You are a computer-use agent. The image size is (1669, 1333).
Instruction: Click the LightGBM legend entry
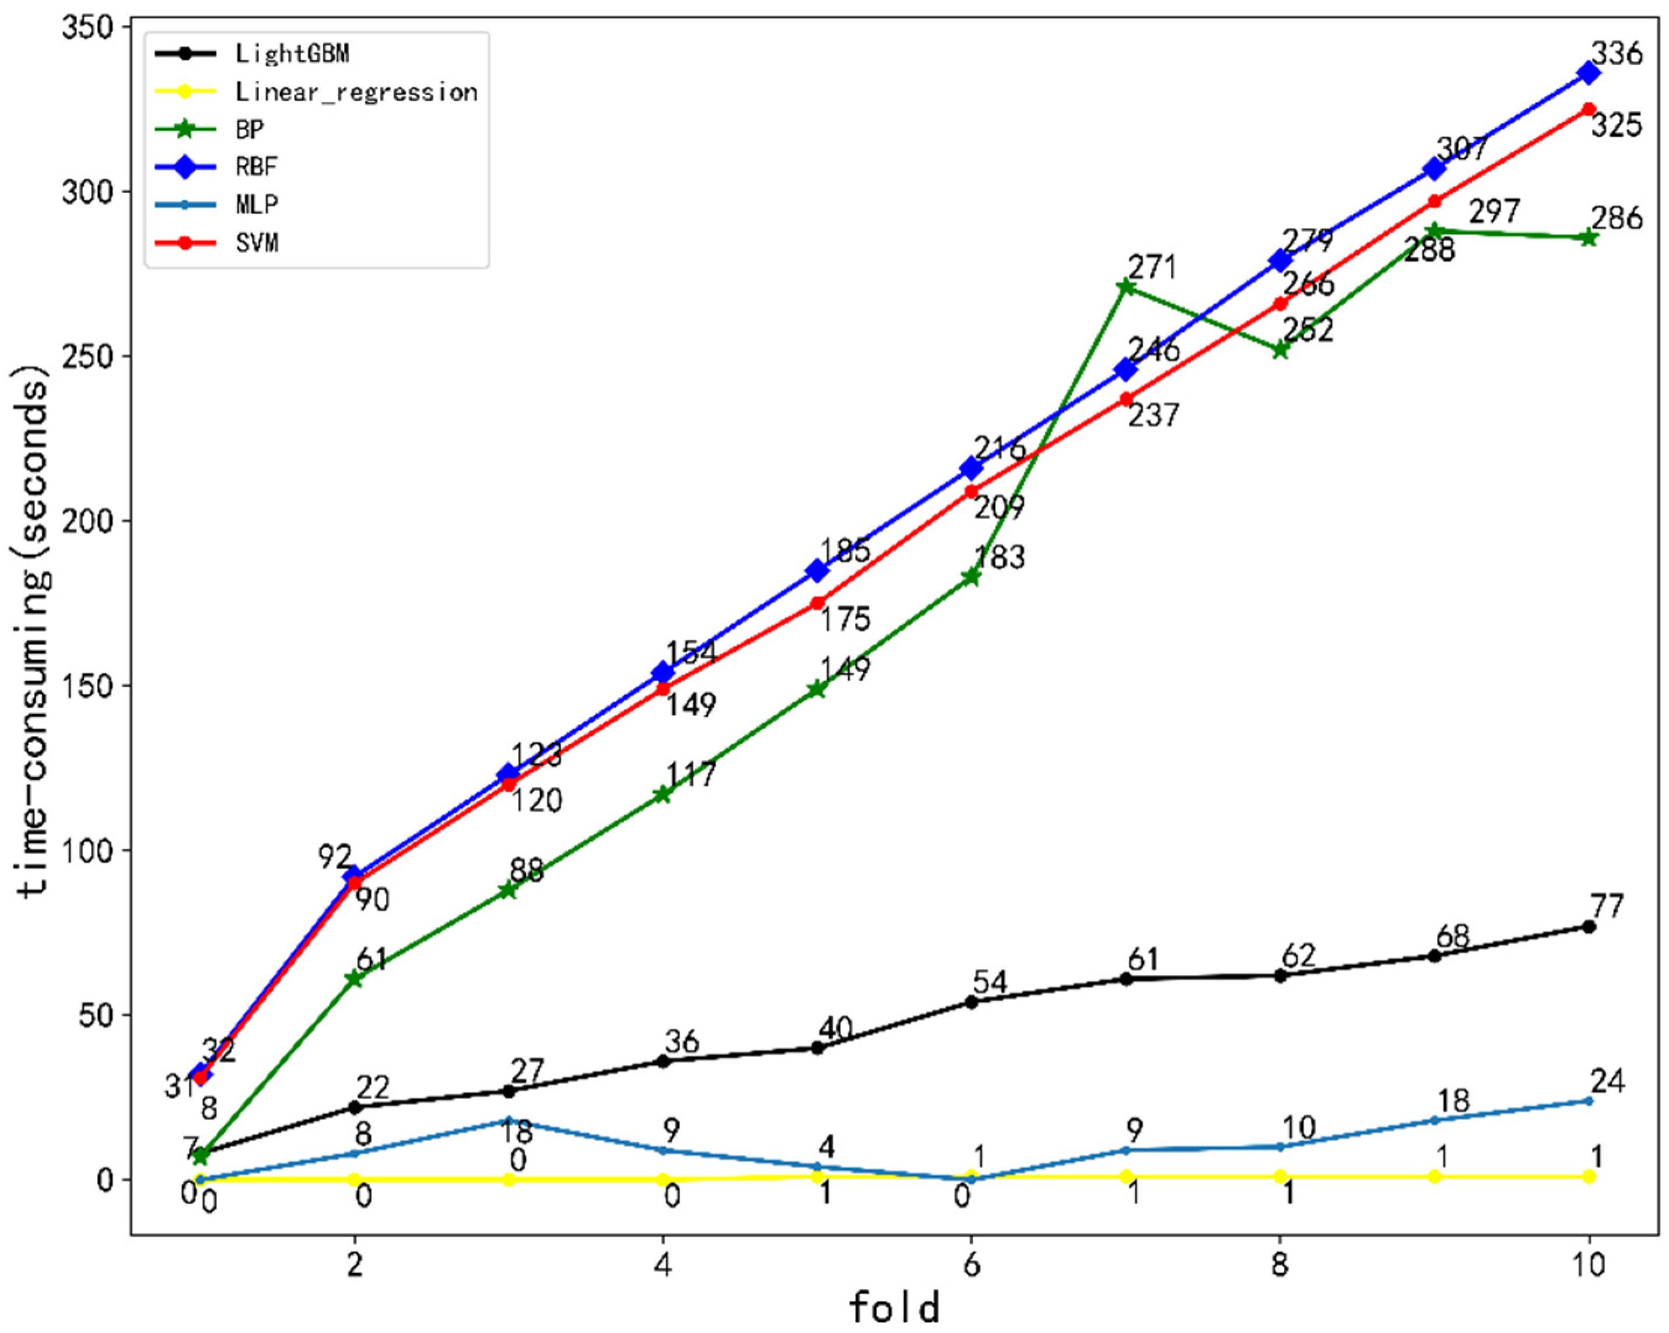tap(292, 54)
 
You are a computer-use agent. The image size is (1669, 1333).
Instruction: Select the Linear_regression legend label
tap(356, 92)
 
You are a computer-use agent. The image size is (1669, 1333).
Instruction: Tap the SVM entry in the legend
tap(256, 243)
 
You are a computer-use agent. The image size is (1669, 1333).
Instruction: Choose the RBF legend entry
tap(256, 166)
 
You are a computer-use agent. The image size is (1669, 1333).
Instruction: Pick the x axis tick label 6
tap(972, 1265)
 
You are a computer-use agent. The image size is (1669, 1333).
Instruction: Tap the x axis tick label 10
tap(1589, 1265)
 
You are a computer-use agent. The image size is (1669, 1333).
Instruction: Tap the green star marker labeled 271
tap(1126, 287)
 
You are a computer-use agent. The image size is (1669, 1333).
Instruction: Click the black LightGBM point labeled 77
tap(1589, 927)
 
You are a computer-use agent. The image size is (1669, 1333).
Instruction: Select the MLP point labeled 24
tap(1589, 1101)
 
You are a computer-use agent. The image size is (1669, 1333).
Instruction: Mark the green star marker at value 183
tap(972, 577)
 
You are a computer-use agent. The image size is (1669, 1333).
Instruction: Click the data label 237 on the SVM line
tap(1153, 416)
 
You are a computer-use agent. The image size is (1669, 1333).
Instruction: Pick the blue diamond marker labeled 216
tap(972, 468)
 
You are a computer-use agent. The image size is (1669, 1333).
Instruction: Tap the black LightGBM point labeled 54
tap(972, 1002)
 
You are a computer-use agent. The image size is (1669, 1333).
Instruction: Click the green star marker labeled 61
tap(355, 978)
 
